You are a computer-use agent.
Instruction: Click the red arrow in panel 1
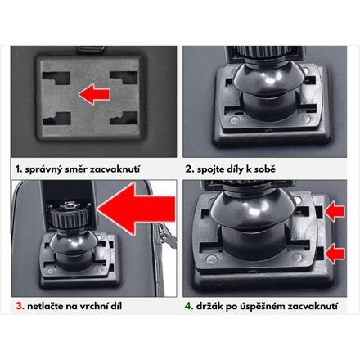tap(94, 94)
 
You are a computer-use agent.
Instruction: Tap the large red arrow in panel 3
tap(137, 209)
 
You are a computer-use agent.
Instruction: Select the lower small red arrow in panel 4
tap(335, 254)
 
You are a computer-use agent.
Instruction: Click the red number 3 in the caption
tap(20, 306)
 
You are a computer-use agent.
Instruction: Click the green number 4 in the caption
tap(188, 306)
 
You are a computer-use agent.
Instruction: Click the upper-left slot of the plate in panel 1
tap(56, 79)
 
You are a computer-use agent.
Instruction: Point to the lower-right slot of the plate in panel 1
tap(124, 118)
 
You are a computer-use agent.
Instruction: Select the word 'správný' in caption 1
tap(43, 169)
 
